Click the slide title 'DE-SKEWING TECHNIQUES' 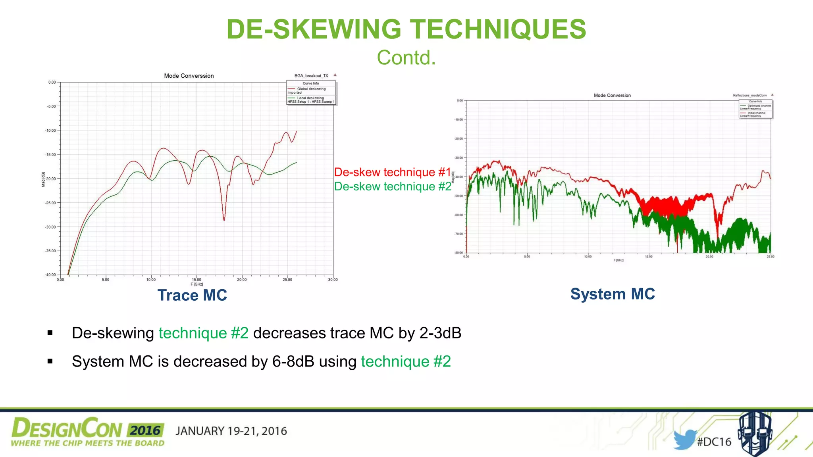[x=406, y=29]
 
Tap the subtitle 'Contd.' [x=406, y=58]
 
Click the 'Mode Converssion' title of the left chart [x=189, y=76]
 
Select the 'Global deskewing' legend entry [x=311, y=89]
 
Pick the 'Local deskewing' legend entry [x=310, y=98]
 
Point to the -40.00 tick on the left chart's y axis [x=50, y=275]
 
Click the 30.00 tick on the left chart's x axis [x=333, y=280]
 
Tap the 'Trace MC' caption [x=192, y=295]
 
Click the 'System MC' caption [x=613, y=294]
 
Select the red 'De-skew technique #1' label [x=393, y=172]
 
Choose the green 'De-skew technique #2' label [x=393, y=186]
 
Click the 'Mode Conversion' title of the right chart [x=612, y=96]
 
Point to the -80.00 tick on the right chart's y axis [x=459, y=253]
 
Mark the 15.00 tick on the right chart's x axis [x=649, y=257]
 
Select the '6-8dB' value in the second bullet [x=293, y=362]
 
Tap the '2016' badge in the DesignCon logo [x=146, y=430]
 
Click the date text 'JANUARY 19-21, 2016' [x=231, y=431]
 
